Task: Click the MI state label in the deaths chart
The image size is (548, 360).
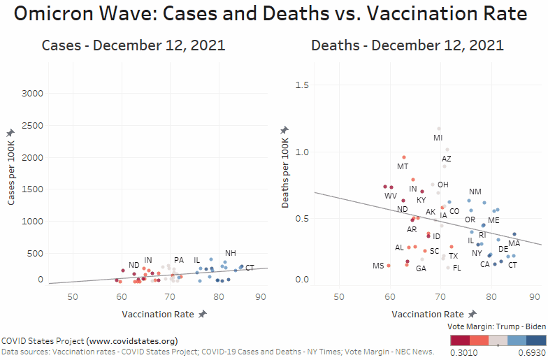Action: (x=438, y=138)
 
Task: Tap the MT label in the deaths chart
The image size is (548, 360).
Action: (x=403, y=166)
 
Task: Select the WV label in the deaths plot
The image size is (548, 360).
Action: (x=391, y=196)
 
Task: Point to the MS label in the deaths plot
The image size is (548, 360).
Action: (x=378, y=266)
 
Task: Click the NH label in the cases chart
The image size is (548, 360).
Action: (x=230, y=253)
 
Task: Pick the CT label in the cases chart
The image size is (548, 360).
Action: (x=250, y=268)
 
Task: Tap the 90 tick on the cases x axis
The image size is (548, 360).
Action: (x=260, y=297)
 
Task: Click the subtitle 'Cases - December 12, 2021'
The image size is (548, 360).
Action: (x=134, y=46)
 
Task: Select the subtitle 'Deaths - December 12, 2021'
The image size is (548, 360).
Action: (x=408, y=46)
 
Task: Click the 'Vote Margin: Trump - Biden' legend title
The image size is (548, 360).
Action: (x=497, y=326)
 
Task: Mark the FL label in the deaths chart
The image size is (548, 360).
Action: (x=456, y=268)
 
